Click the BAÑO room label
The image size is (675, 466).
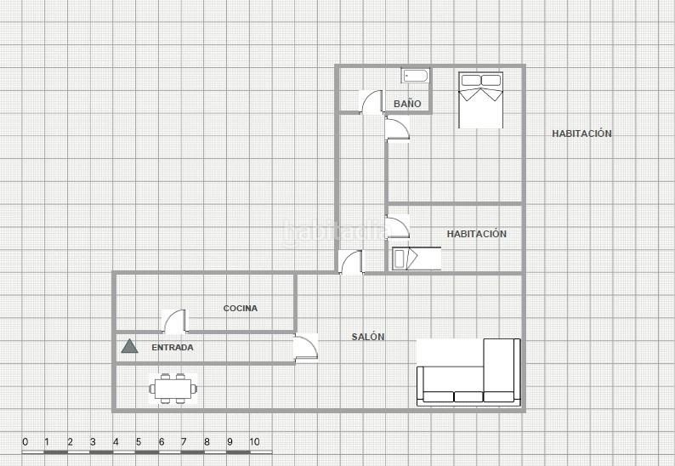click(407, 104)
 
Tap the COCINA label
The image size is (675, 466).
click(241, 309)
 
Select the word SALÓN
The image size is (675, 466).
click(368, 337)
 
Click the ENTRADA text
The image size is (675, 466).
click(173, 348)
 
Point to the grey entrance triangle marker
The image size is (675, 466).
click(129, 346)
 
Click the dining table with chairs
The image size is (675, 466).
click(173, 389)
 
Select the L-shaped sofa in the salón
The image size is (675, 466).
click(468, 372)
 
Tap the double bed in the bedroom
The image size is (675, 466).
click(481, 100)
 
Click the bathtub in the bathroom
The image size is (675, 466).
click(416, 77)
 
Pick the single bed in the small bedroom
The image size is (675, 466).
click(417, 259)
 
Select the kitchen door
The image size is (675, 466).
click(176, 321)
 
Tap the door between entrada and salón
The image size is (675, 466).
click(306, 348)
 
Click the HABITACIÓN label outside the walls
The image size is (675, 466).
click(581, 134)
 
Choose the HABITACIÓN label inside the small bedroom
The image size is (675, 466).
click(477, 234)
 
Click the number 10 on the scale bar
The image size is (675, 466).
click(254, 442)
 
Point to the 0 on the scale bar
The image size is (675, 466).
click(25, 442)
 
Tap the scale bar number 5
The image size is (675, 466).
click(139, 442)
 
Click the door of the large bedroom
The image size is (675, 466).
click(397, 128)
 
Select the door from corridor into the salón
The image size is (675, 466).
click(351, 262)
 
